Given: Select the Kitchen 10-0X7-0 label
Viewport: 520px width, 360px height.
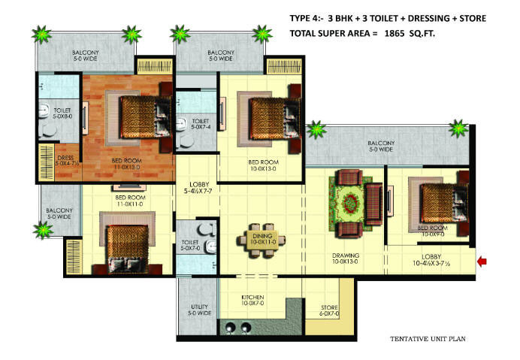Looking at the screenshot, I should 252,301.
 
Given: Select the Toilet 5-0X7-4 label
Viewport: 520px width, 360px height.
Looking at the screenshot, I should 201,124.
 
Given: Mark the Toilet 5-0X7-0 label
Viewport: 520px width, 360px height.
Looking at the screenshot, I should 190,246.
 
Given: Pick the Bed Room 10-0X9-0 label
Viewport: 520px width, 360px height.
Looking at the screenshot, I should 434,231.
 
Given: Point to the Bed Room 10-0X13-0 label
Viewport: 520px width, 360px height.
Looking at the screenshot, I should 264,165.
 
